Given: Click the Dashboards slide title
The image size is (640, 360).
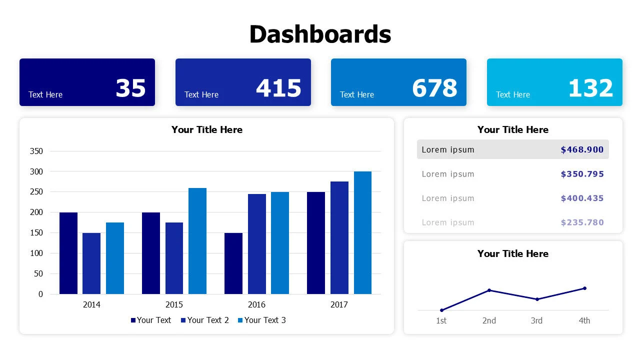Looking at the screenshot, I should (320, 34).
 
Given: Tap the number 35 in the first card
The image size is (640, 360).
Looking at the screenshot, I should (130, 88).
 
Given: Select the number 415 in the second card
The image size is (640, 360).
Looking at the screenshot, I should (278, 88).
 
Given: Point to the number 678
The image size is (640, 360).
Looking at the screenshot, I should (434, 88).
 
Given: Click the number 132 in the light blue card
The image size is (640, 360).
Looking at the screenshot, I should (590, 88).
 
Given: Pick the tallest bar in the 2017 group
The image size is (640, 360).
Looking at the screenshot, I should (362, 232).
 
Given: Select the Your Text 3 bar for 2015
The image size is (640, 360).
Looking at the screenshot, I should (197, 241).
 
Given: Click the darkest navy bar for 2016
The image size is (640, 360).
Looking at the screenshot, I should (233, 263).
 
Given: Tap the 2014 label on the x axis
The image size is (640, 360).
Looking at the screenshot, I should (91, 304).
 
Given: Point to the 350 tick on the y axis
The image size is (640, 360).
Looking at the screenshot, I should (37, 151).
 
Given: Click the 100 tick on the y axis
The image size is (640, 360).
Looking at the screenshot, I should (37, 253).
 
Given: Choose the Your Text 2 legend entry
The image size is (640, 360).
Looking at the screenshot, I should (205, 320).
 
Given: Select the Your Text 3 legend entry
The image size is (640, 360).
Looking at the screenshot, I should (262, 320).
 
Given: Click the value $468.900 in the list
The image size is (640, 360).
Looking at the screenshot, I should (582, 149).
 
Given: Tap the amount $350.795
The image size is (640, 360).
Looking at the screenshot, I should (582, 174).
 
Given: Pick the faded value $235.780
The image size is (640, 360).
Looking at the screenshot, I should (582, 222).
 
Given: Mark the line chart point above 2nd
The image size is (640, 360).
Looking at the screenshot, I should (489, 290).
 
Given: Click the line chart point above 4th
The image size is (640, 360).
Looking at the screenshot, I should (584, 288).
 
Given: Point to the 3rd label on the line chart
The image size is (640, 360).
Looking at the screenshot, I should (536, 320).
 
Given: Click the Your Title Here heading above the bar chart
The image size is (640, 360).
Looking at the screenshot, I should (207, 129).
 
